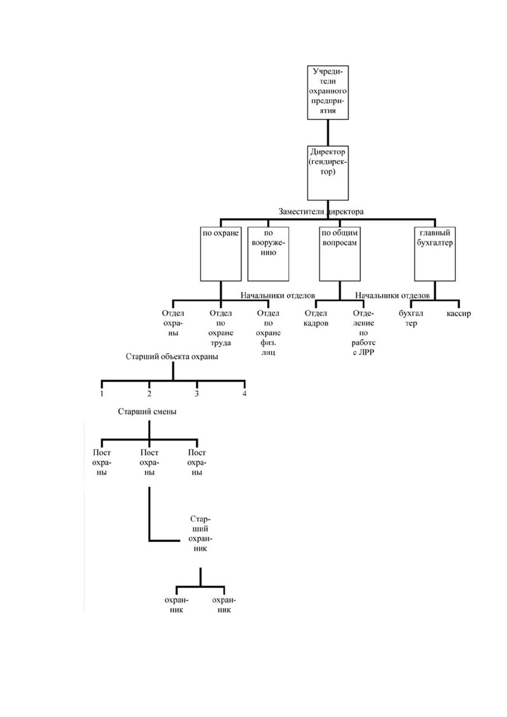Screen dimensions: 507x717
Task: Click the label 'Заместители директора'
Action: coord(321,212)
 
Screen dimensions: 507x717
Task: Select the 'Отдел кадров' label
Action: coord(316,318)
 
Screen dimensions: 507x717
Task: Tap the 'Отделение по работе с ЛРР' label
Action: coord(363,333)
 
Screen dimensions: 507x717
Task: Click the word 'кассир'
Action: coord(458,313)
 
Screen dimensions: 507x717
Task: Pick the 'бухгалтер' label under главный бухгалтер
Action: coord(411,318)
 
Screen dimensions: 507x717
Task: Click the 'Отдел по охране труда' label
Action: coord(221,328)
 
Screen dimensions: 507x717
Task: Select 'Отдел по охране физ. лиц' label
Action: coord(268,333)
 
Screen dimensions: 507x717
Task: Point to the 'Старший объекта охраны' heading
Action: coord(172,356)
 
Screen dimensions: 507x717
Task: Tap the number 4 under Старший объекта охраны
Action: coord(244,393)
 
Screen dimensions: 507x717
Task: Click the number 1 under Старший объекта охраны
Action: coord(102,393)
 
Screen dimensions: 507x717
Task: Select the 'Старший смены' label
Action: coord(147,412)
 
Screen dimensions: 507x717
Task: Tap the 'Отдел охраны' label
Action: coord(173,323)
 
